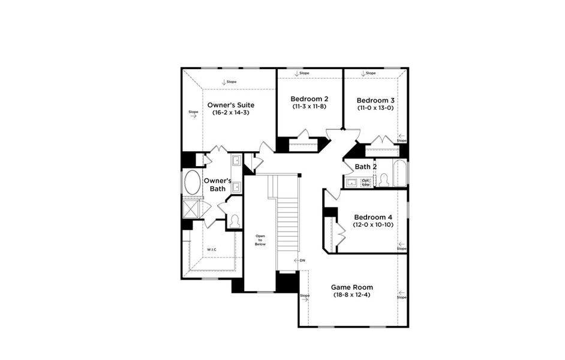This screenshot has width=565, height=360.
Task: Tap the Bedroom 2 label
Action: [x=309, y=99]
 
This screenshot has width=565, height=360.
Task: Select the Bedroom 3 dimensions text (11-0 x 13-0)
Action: [x=375, y=108]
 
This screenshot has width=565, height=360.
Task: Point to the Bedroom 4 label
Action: [x=373, y=217]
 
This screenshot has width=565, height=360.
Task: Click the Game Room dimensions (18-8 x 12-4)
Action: [x=351, y=295]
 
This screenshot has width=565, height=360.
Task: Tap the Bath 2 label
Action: [x=366, y=167]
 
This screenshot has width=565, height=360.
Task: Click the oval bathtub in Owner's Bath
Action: [x=193, y=182]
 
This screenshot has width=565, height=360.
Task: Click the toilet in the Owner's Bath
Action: [x=235, y=221]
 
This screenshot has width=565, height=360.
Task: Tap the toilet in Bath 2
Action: [x=383, y=179]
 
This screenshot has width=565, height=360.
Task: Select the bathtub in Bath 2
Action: [x=399, y=173]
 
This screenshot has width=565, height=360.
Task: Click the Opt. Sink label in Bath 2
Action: [x=366, y=182]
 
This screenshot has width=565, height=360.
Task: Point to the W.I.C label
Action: [x=212, y=249]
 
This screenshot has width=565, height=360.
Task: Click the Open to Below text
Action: [x=260, y=240]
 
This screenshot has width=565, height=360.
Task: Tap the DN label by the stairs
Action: [x=302, y=260]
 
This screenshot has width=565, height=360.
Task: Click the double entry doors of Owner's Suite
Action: [x=218, y=149]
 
